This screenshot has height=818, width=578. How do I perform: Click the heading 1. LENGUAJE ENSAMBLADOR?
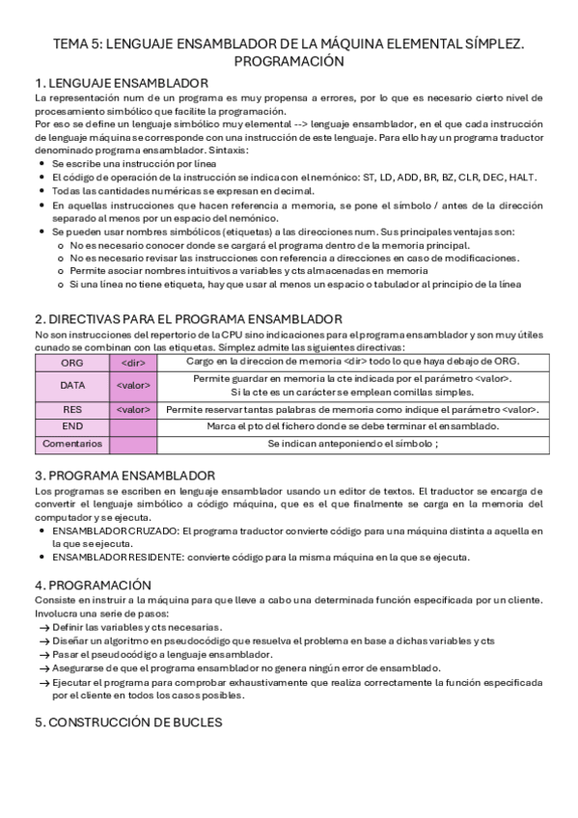click(121, 83)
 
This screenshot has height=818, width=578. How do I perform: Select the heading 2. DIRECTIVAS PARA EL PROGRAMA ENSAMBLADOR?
click(187, 319)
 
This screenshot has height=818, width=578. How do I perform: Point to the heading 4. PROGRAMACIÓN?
click(94, 585)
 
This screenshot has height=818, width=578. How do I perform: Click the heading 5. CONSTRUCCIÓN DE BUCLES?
click(128, 722)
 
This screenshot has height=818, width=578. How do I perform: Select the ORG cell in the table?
click(72, 362)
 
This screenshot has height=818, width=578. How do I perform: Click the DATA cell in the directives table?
click(72, 385)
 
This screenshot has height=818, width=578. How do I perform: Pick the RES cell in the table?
click(72, 409)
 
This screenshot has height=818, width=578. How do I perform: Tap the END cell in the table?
click(72, 426)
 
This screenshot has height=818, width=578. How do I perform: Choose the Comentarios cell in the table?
click(72, 444)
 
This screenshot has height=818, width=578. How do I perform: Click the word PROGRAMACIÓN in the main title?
click(289, 61)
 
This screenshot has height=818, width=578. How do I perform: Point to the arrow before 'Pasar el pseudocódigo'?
click(42, 654)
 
